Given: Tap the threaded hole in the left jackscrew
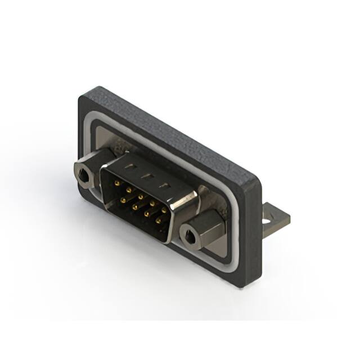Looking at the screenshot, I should (84, 177).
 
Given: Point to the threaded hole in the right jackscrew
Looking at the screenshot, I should (190, 237).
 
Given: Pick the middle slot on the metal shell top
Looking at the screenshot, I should (147, 175).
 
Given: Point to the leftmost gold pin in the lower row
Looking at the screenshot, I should (122, 199).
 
